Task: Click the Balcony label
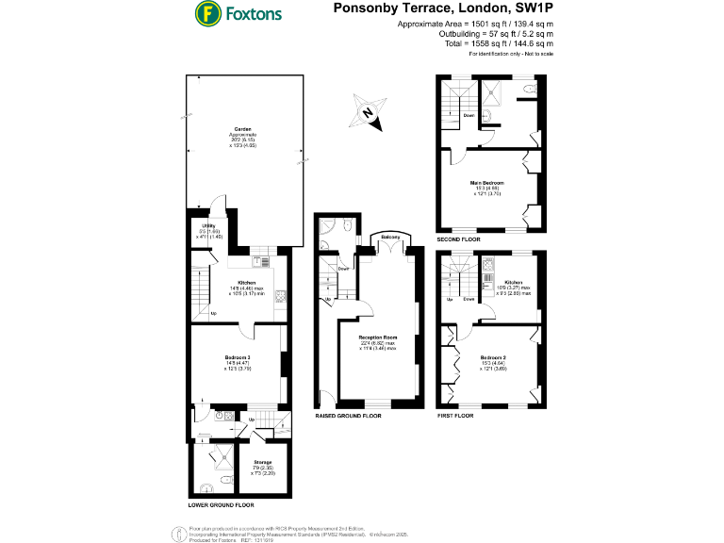[390, 236]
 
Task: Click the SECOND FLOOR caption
[459, 240]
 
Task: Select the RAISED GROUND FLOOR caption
[348, 415]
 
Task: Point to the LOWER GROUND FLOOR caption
[221, 506]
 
